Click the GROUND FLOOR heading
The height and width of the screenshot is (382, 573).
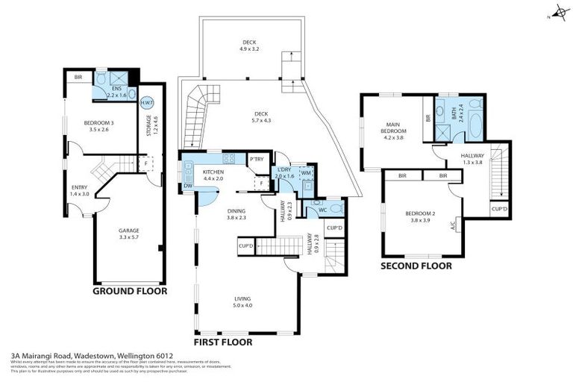click(129, 291)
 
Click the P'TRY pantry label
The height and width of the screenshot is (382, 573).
click(257, 159)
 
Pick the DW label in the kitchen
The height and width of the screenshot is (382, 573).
click(187, 186)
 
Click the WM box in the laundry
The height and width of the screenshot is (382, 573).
click(306, 173)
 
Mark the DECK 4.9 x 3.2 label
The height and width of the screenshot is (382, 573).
click(249, 46)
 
